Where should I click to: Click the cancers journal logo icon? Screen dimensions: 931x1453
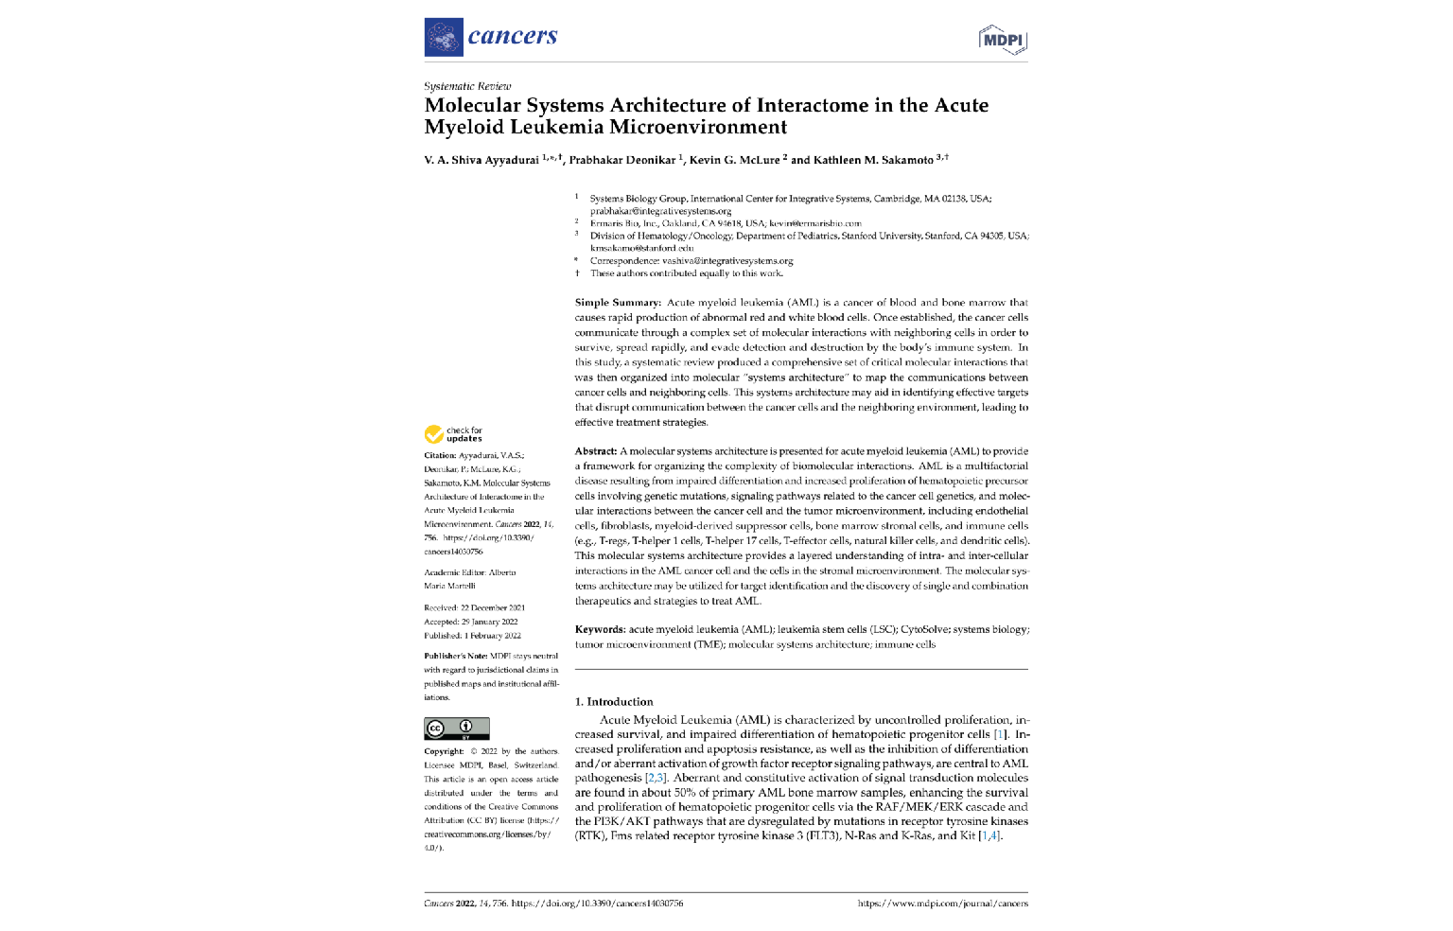(444, 37)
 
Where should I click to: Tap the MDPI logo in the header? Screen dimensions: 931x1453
(1002, 40)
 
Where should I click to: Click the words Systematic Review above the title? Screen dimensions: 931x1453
(467, 86)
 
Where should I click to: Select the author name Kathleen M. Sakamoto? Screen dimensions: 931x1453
(872, 160)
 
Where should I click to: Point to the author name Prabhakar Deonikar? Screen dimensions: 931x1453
(621, 160)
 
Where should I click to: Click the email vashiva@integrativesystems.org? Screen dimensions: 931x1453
(727, 261)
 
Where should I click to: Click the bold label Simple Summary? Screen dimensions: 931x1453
(618, 303)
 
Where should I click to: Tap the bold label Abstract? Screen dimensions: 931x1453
(596, 451)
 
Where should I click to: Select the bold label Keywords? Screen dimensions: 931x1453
(600, 629)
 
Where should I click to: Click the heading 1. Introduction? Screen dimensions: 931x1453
(614, 702)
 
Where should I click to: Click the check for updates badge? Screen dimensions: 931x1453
(453, 434)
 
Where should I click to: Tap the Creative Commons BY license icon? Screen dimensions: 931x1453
(457, 729)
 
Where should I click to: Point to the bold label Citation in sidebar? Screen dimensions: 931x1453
(440, 456)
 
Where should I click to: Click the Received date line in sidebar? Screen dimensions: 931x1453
(474, 608)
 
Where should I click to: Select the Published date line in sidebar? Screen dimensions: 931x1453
(472, 636)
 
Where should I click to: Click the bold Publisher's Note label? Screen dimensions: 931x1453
(456, 656)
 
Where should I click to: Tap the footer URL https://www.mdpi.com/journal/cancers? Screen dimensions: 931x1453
(942, 904)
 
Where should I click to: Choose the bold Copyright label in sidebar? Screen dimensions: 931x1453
(444, 752)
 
